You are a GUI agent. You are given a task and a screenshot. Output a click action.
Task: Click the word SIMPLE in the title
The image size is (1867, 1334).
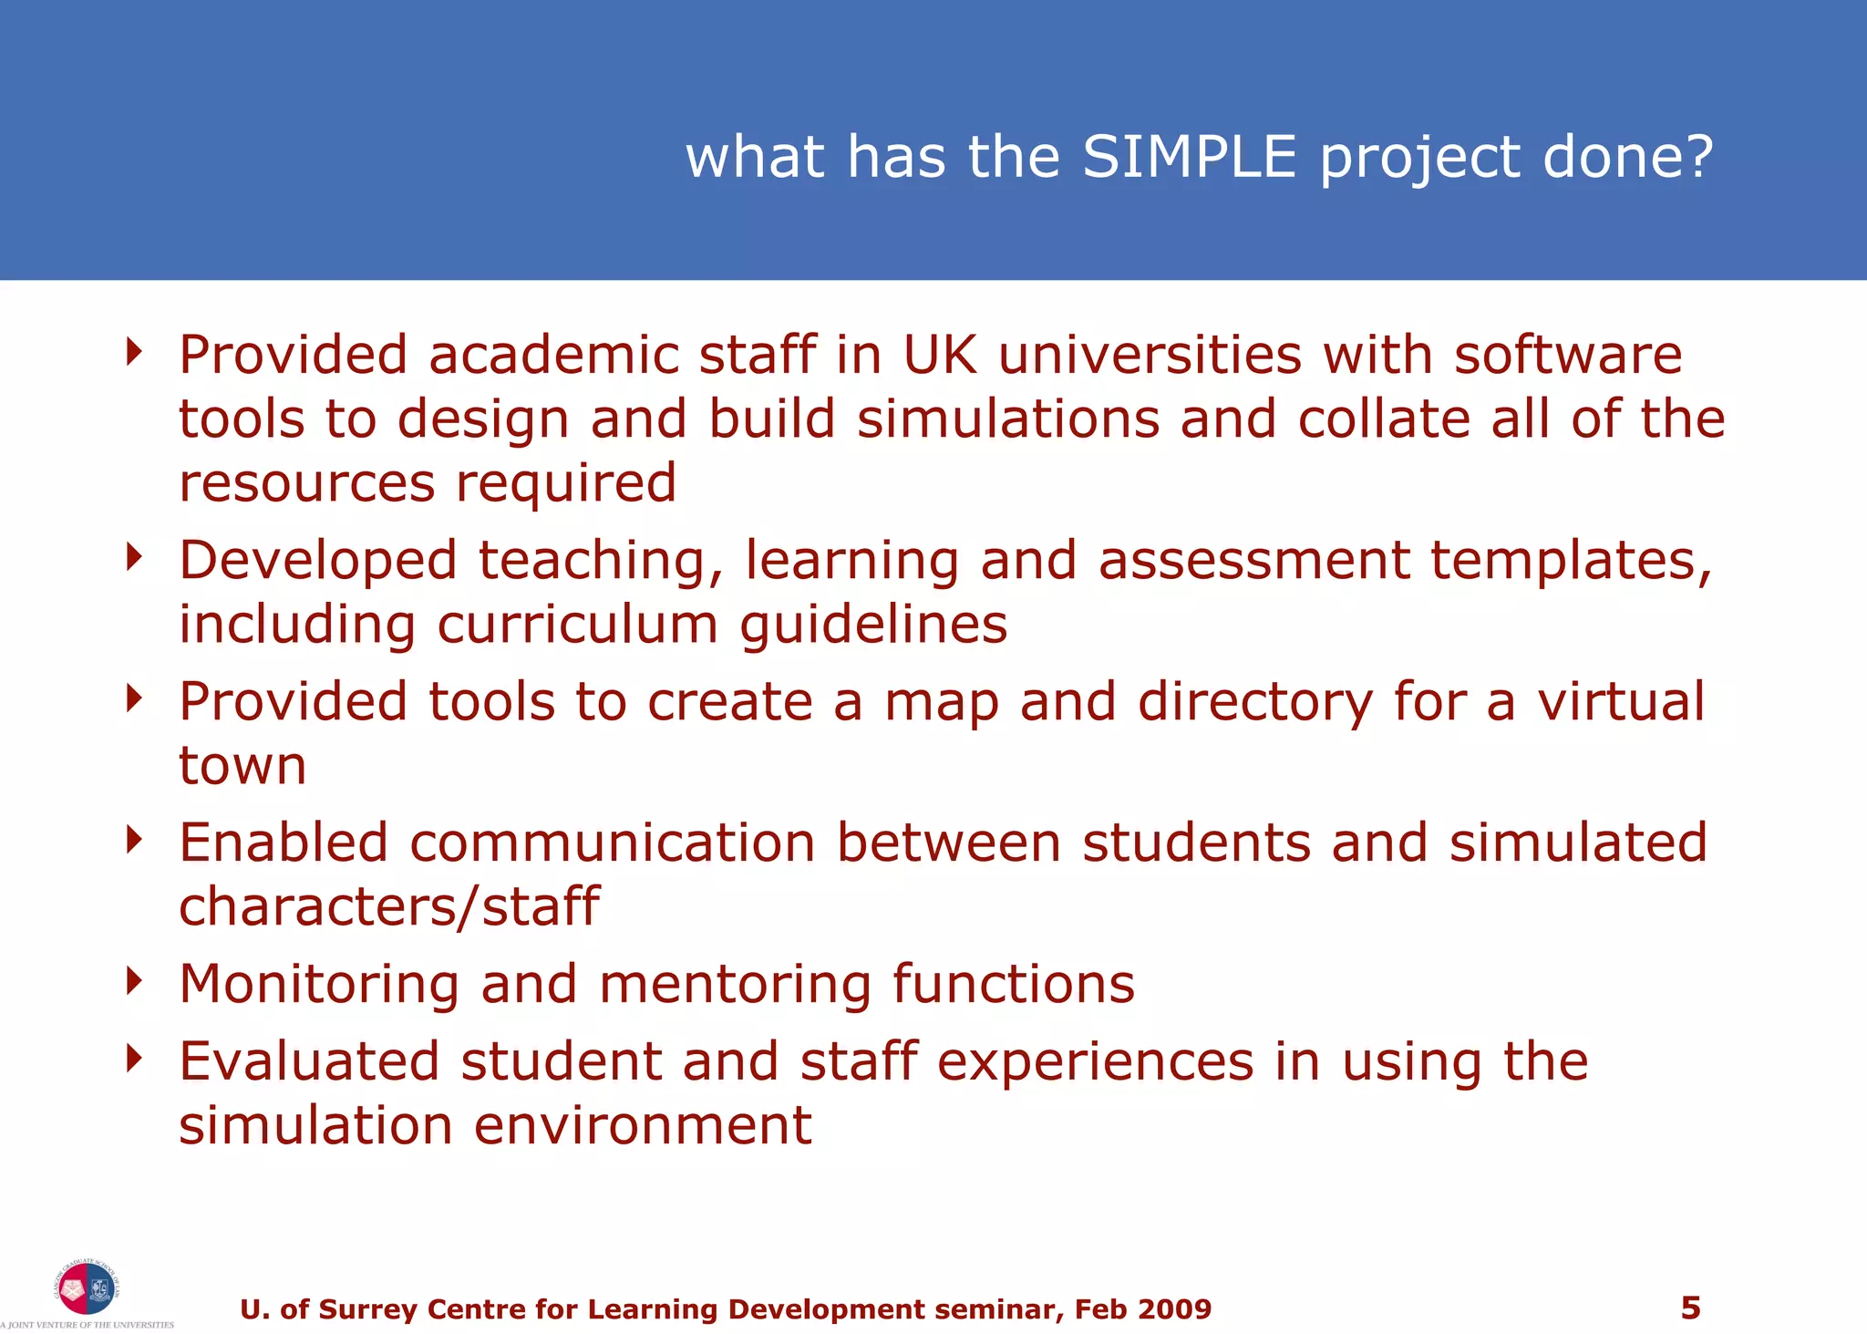coord(1189,157)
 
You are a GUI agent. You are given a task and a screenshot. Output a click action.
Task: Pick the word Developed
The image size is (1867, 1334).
coord(317,560)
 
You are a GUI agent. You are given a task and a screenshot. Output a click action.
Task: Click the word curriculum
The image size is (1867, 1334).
coord(577,625)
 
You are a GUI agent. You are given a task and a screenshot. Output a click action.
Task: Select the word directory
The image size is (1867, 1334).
coord(1254,702)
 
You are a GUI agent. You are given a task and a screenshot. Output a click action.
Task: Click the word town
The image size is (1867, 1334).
coord(242,766)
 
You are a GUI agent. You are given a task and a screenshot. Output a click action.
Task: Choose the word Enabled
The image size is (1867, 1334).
coord(284,843)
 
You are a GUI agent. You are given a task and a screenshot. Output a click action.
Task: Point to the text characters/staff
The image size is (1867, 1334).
coord(388,907)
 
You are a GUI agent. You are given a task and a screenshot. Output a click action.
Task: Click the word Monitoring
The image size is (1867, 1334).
coord(319,985)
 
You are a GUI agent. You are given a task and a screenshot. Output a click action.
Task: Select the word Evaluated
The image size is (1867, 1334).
coord(309,1061)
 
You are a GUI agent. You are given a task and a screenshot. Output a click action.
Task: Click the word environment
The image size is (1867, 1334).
coord(642,1125)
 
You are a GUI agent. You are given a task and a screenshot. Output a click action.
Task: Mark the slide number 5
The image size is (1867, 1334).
coord(1690,1308)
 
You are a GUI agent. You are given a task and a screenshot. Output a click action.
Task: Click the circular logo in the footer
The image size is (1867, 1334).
coord(86,1287)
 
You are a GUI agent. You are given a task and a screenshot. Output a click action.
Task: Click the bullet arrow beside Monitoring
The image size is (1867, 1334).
coord(135,982)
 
